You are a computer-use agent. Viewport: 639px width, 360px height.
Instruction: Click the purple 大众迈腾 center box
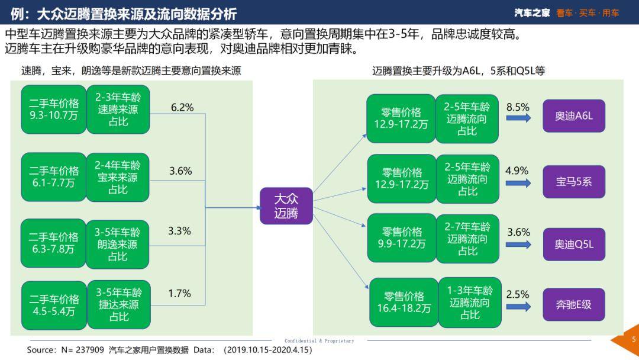tap(286, 206)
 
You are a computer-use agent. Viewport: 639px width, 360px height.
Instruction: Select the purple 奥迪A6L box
tap(574, 116)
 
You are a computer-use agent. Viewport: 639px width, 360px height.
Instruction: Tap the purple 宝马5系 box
tap(574, 181)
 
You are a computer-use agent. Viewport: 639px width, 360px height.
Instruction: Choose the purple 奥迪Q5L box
tap(574, 244)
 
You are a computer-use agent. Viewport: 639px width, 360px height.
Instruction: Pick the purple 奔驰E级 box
tap(574, 305)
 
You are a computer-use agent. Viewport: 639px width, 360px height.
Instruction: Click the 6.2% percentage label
tap(182, 107)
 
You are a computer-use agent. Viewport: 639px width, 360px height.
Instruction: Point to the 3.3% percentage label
tap(179, 231)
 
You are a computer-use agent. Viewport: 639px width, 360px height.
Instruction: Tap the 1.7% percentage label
tap(179, 293)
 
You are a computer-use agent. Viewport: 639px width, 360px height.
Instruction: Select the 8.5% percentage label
tap(518, 107)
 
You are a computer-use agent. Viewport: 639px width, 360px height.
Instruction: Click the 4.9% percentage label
tap(517, 171)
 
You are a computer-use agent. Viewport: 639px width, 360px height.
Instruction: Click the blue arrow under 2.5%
tap(518, 307)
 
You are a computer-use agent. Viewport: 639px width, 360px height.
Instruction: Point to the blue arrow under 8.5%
tap(518, 118)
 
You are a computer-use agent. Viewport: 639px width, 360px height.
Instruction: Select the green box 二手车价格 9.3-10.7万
tap(53, 110)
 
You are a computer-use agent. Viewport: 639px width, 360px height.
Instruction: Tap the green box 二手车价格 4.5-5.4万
tap(54, 305)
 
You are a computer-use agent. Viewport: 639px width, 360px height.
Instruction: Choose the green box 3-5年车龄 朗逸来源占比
tap(118, 243)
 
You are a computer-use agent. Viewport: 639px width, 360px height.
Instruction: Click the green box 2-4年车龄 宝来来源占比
tap(118, 176)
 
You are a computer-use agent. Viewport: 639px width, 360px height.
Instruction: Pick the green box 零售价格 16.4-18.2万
tap(404, 302)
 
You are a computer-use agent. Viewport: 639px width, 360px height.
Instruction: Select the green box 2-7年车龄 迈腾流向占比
tap(467, 239)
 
